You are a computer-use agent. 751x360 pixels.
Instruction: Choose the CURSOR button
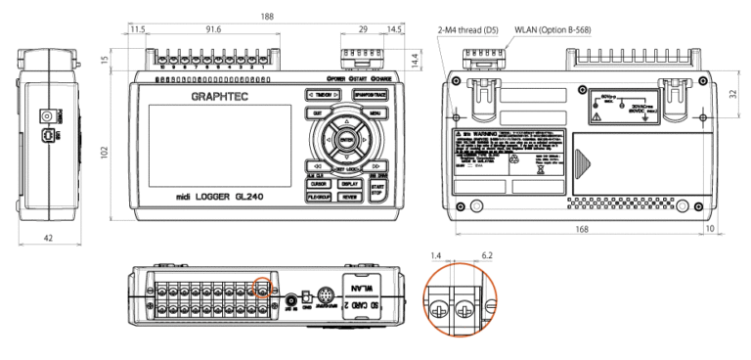[x=317, y=183]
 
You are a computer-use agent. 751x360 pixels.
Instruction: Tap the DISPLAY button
[x=349, y=183]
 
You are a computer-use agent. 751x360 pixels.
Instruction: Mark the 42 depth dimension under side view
[x=46, y=237]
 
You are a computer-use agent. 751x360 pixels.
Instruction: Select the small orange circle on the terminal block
[x=262, y=288]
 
